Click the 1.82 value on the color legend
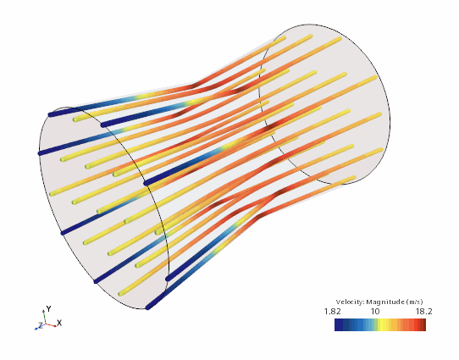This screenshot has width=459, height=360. coord(332,312)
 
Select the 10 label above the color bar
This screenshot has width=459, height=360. coord(375,312)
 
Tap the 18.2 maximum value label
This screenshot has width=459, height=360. coord(424,312)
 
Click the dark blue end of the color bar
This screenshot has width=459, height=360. coord(339,325)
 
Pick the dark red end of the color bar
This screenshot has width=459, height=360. coord(423,325)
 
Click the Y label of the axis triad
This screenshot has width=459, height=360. coord(49,309)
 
